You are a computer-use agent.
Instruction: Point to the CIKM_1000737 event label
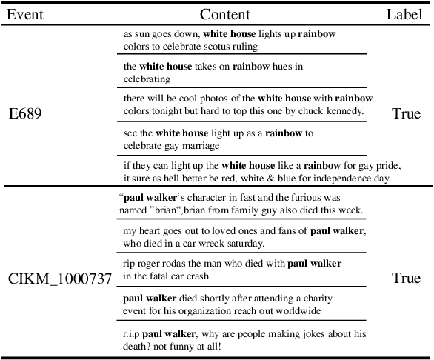59,279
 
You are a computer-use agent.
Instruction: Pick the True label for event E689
405,114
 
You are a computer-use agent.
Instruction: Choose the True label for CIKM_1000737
405,279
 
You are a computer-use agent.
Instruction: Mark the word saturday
243,243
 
